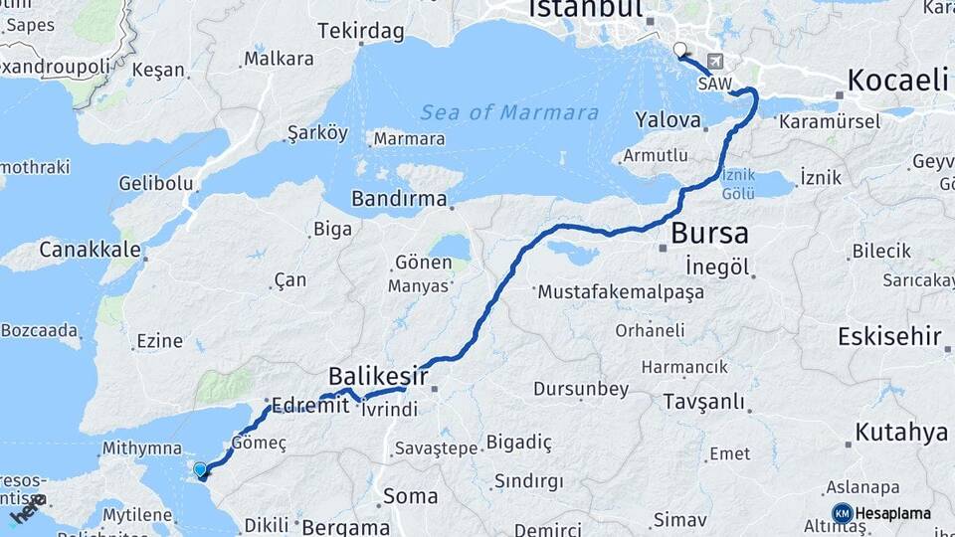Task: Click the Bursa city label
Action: (709, 235)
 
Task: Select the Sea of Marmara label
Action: (509, 112)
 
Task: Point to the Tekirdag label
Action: (361, 32)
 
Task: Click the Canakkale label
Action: (90, 249)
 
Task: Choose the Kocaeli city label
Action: (898, 81)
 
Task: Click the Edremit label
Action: (303, 407)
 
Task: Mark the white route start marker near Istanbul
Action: (679, 49)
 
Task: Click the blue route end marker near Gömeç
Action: (200, 469)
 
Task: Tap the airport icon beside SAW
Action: (715, 61)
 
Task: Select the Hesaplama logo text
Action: (892, 513)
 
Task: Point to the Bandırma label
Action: (399, 199)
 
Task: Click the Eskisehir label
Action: (889, 337)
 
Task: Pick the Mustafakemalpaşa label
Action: (620, 292)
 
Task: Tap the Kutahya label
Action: (900, 433)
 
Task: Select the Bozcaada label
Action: (39, 329)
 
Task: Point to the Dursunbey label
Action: (581, 389)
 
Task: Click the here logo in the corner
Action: (28, 510)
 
